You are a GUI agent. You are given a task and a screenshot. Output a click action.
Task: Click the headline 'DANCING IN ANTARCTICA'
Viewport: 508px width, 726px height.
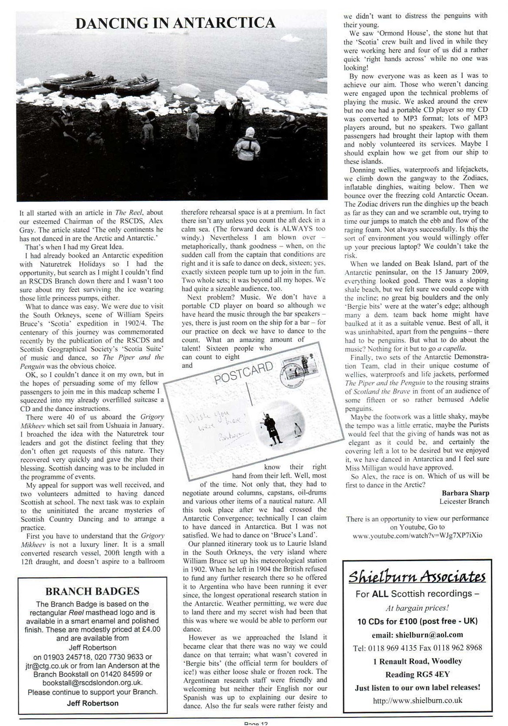click(x=175, y=23)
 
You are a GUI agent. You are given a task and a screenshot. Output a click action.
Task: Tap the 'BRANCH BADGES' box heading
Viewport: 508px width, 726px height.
click(x=92, y=591)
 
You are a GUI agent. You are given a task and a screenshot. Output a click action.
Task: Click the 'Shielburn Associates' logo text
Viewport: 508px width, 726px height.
click(x=417, y=577)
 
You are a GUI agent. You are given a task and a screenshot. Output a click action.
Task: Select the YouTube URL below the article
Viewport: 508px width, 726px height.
click(x=417, y=535)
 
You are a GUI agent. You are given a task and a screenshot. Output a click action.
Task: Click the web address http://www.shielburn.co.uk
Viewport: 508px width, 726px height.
click(x=417, y=700)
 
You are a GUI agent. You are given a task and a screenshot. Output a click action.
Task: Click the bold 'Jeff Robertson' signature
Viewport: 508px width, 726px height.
click(x=92, y=703)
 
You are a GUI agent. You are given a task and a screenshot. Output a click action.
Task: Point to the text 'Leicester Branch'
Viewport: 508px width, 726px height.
click(x=464, y=501)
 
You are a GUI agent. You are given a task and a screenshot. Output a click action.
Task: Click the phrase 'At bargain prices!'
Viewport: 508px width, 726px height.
click(x=417, y=608)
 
